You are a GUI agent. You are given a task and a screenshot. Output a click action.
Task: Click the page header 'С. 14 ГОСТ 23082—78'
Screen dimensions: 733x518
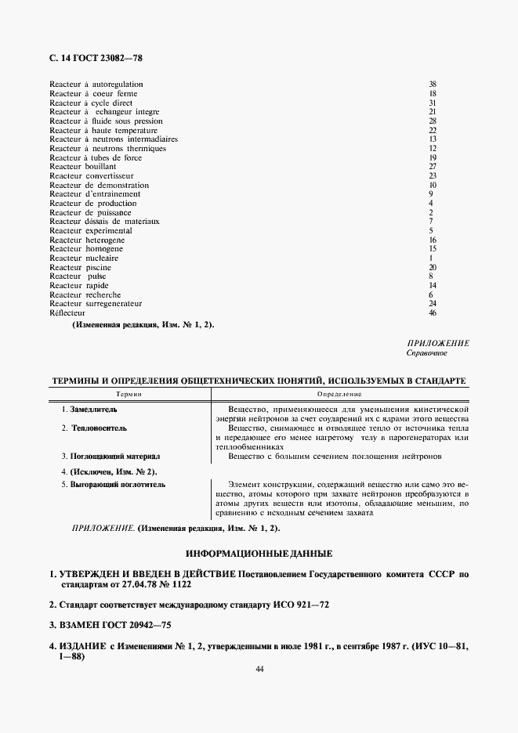pos(96,58)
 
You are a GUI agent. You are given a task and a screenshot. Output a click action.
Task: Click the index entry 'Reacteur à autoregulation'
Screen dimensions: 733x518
pos(96,84)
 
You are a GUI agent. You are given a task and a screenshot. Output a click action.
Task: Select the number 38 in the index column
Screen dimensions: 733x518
pos(432,84)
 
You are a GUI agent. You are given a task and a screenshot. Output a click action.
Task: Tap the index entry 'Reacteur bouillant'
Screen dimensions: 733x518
pos(83,167)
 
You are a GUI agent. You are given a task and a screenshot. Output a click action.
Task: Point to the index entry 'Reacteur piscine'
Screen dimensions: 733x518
pos(80,268)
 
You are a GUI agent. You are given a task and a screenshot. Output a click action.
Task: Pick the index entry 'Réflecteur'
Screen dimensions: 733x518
pos(67,313)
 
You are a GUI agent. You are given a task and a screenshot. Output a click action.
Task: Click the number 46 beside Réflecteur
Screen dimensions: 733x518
pos(432,313)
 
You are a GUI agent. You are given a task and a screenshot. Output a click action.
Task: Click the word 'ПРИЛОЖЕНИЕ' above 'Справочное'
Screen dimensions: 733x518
pos(438,343)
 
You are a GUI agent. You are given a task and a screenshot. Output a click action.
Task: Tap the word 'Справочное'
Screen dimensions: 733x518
pos(426,353)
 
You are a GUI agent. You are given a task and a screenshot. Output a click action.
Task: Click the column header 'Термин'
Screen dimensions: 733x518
pos(129,394)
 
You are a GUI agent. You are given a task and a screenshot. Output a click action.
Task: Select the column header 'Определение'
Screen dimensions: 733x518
pos(339,394)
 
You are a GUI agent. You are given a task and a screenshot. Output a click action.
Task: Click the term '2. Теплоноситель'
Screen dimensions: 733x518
pos(93,428)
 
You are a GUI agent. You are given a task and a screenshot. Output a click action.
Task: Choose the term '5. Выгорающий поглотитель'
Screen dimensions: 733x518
pos(113,486)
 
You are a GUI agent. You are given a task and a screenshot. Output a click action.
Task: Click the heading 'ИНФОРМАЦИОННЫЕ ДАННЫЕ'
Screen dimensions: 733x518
pos(259,553)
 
